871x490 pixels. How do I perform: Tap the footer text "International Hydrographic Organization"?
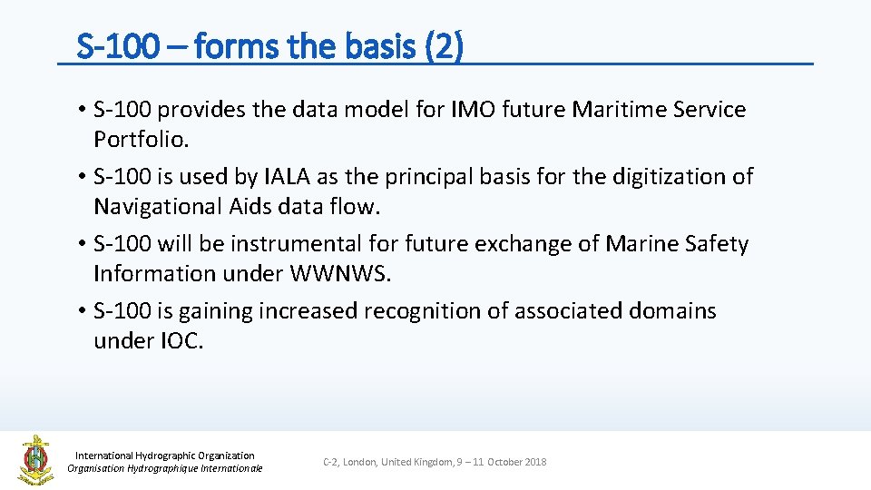[164, 456]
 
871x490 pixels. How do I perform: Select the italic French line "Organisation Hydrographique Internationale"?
[164, 468]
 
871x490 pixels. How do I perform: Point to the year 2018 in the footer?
[535, 463]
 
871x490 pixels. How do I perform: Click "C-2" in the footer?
[331, 463]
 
